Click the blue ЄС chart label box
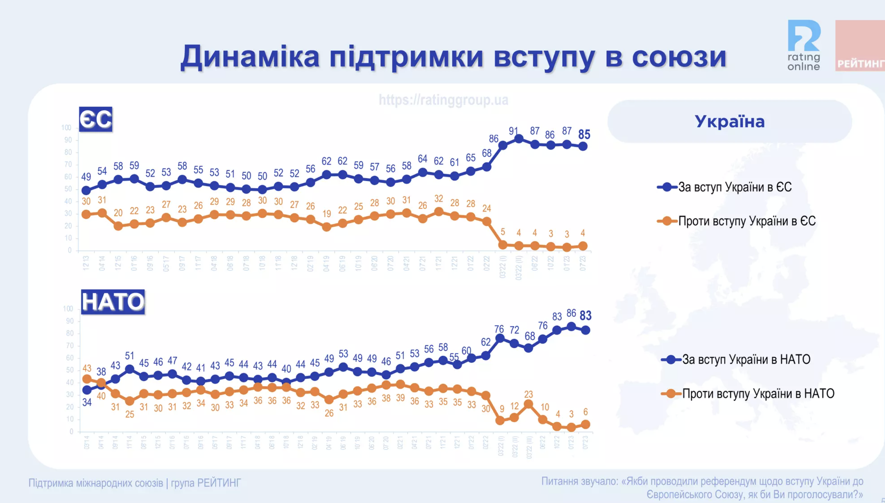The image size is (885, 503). coord(95,119)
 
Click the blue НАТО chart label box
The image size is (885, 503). coord(113,302)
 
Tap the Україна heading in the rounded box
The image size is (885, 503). coord(730,122)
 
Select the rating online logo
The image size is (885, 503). coord(804,45)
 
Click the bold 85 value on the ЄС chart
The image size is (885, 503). coord(584,135)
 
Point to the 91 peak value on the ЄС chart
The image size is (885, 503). coord(514,131)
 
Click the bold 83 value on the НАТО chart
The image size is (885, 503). coord(585,316)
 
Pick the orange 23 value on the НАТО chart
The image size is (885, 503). coord(529,394)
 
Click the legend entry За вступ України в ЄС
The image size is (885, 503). coord(735,187)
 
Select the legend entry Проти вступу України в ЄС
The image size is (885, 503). coord(747,221)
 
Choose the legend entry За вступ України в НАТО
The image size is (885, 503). coord(746,359)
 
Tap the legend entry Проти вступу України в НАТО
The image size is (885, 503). coord(758,394)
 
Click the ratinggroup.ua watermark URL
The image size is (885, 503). coord(443,100)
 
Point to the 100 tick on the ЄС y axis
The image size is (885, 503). coord(66,128)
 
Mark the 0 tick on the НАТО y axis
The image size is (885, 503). coord(71,432)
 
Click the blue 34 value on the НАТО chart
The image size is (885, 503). coord(87,403)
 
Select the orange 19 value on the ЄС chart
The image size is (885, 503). coord(326,214)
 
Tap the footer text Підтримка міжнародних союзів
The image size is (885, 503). coord(96,483)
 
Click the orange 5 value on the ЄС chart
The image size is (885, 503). coord(503,232)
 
